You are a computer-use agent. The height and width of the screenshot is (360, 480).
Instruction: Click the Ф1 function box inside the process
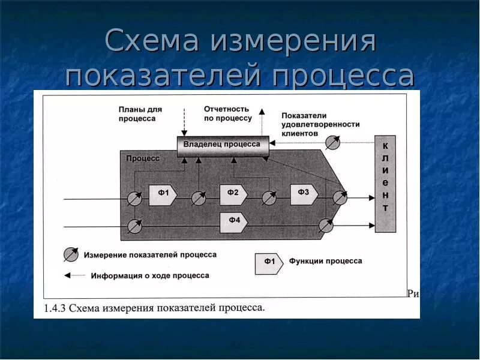163,194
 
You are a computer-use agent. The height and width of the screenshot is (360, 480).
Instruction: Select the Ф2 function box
233,193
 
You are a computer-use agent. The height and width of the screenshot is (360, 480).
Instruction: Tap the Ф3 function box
304,193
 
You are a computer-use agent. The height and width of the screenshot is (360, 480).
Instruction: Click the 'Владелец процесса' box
223,146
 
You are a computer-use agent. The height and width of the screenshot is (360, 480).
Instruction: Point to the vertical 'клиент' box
385,184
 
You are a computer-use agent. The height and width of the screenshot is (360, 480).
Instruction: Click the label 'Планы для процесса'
140,114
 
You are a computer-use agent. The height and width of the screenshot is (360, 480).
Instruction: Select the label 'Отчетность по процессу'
227,113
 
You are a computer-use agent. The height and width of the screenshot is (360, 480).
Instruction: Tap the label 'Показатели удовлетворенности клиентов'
320,124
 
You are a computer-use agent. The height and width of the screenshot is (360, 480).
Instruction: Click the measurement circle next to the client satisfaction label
332,143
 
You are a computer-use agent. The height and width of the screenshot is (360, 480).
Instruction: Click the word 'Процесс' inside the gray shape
143,158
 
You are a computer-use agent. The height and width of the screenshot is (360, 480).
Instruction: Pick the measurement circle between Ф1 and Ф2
199,197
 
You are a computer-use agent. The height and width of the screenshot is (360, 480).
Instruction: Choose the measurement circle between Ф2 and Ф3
269,197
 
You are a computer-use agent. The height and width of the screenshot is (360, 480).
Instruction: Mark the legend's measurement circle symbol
71,254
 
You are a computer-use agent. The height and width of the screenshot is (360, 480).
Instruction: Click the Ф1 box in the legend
269,263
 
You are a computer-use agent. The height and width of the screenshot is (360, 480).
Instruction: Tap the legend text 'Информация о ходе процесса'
150,276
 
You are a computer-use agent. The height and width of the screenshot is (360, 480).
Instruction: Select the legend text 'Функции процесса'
325,261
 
